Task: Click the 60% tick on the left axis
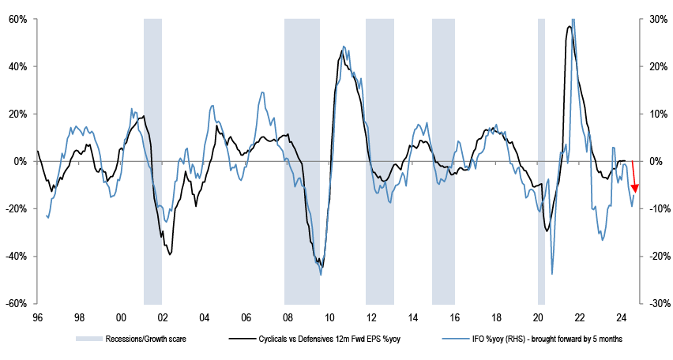click(17, 19)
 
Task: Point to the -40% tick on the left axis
click(16, 257)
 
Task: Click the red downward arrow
click(635, 178)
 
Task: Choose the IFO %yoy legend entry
click(545, 339)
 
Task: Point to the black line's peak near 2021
click(570, 27)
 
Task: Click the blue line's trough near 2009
click(321, 275)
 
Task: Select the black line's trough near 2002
click(170, 254)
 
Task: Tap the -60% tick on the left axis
click(16, 304)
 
